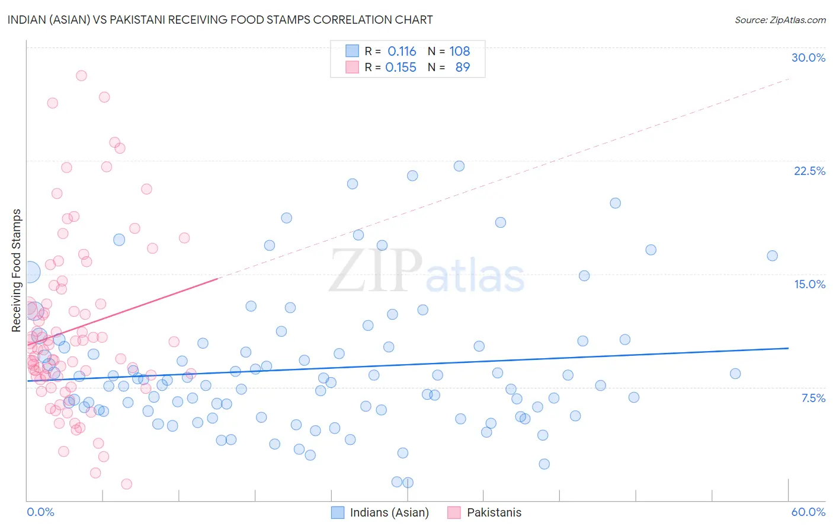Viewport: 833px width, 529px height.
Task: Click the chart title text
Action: pyautogui.click(x=220, y=20)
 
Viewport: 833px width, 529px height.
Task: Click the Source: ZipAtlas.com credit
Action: pyautogui.click(x=780, y=20)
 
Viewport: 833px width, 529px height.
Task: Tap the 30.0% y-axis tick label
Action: pyautogui.click(x=808, y=58)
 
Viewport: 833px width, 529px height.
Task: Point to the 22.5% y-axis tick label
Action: pyautogui.click(x=809, y=171)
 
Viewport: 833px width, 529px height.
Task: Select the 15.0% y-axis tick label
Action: pyautogui.click(x=809, y=284)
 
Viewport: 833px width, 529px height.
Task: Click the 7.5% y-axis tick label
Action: pyautogui.click(x=813, y=398)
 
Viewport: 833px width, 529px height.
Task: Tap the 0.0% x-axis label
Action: pyautogui.click(x=40, y=512)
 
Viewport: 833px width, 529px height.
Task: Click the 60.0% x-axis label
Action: pyautogui.click(x=808, y=512)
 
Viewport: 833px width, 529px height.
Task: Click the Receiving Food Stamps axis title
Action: pyautogui.click(x=17, y=270)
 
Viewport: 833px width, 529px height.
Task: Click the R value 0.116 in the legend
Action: pyautogui.click(x=402, y=52)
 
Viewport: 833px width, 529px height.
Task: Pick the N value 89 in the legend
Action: pyautogui.click(x=462, y=68)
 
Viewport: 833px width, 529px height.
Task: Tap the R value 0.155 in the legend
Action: pyautogui.click(x=401, y=68)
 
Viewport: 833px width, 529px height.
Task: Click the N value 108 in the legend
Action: pyautogui.click(x=459, y=52)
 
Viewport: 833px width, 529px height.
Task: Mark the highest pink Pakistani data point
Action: pyautogui.click(x=81, y=75)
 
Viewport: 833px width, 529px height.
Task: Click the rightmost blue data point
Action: pyautogui.click(x=772, y=256)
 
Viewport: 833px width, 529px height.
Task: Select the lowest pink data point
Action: pyautogui.click(x=126, y=484)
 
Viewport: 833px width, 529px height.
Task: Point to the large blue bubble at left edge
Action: pyautogui.click(x=29, y=272)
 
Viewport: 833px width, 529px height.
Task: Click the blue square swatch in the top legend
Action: pyautogui.click(x=352, y=51)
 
